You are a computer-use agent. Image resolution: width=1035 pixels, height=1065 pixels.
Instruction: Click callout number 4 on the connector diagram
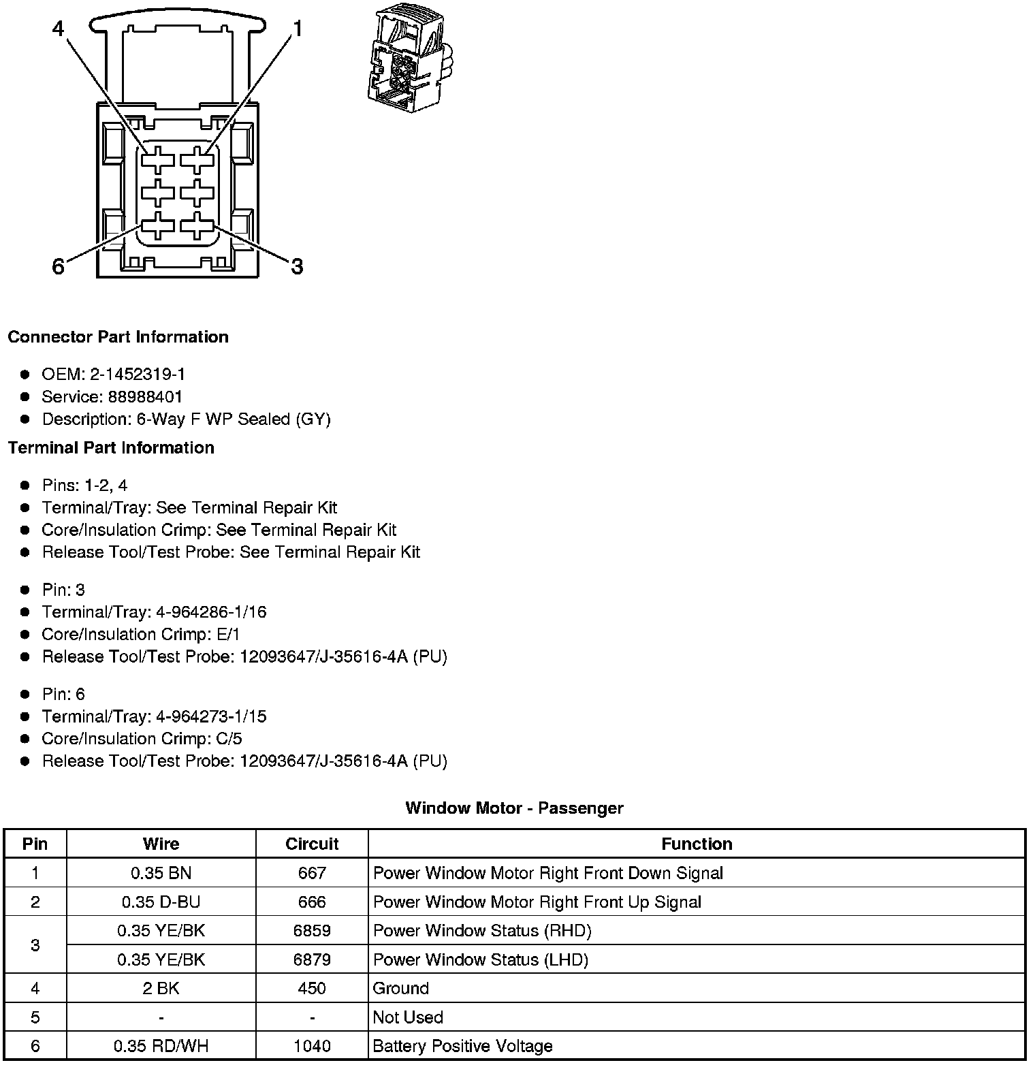point(59,29)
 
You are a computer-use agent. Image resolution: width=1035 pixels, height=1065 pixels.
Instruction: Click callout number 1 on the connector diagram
point(298,29)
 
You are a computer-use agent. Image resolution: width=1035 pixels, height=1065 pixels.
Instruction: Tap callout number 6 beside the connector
point(59,267)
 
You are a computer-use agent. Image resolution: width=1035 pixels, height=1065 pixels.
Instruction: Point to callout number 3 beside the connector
point(297,267)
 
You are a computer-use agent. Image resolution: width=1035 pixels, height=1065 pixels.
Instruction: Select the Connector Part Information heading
point(118,337)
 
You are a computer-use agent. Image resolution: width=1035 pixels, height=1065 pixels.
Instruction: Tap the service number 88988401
point(145,396)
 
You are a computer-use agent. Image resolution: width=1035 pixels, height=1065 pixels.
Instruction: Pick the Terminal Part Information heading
point(111,447)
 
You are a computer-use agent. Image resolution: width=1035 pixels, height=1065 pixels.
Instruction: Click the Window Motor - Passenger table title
point(514,808)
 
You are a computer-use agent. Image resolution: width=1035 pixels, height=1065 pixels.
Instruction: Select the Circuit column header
point(312,844)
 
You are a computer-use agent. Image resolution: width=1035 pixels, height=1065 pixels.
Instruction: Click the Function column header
point(697,844)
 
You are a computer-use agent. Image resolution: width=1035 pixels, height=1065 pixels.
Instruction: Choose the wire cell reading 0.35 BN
point(161,873)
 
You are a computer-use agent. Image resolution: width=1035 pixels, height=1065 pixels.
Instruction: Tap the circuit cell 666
point(312,902)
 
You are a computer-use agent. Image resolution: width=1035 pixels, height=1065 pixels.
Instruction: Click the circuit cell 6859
point(312,931)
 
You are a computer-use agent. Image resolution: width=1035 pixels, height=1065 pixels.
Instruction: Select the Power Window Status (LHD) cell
point(481,959)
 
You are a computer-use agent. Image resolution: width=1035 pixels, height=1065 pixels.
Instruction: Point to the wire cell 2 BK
point(161,988)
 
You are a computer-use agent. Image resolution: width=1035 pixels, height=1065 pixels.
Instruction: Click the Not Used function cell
point(408,1017)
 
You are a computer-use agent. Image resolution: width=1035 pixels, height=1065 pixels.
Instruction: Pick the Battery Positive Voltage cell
point(462,1046)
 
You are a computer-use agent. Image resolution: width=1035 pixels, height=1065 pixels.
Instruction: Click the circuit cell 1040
point(312,1046)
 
